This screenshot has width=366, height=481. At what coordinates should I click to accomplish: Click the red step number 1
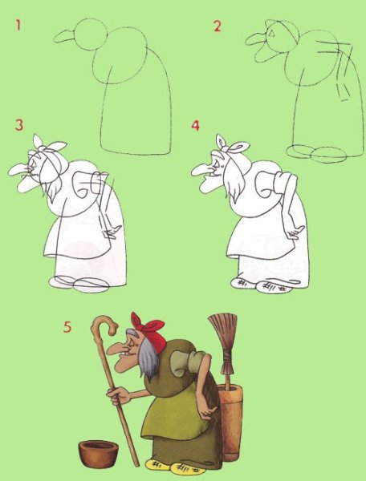[18, 26]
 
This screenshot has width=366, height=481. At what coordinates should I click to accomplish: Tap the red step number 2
[217, 26]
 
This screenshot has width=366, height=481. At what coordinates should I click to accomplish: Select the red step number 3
[18, 126]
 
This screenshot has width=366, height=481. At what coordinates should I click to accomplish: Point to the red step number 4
[195, 126]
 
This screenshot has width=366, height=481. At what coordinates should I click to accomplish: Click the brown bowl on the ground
[98, 453]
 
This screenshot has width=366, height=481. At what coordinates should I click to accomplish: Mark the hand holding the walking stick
[119, 394]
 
